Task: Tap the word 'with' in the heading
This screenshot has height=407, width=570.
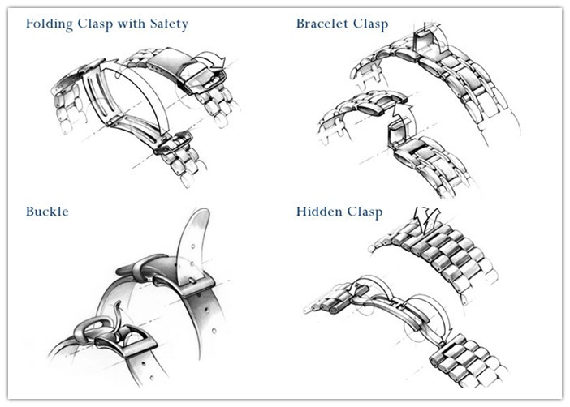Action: [131, 24]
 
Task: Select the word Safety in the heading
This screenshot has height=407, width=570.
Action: [169, 24]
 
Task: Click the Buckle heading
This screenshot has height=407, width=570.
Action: [47, 212]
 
